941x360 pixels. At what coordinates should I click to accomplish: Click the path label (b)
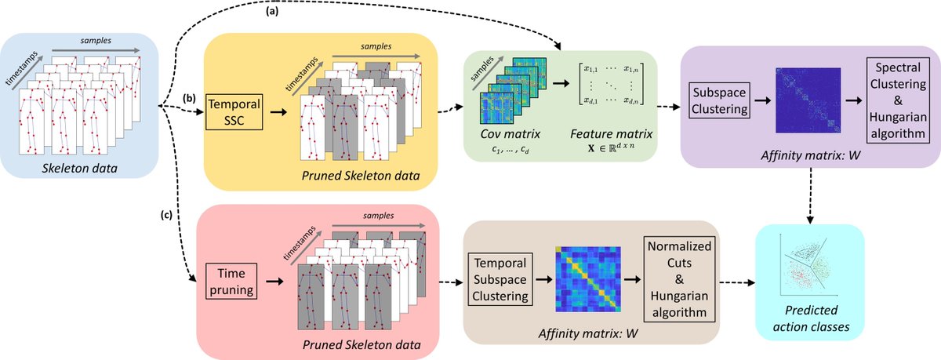pyautogui.click(x=189, y=98)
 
